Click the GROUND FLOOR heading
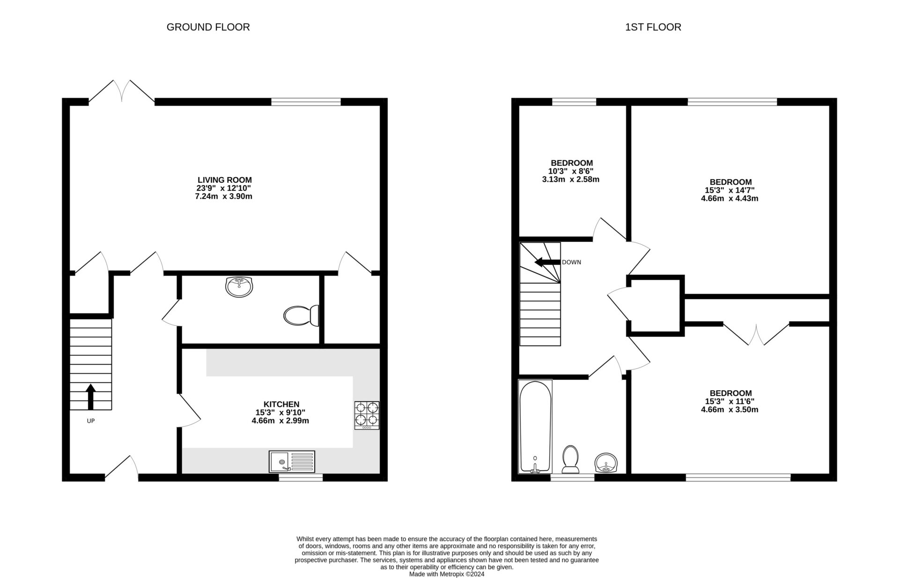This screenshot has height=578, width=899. coord(208,27)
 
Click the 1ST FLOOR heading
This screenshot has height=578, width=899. coord(653,27)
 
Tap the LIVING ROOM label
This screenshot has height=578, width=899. coord(224,180)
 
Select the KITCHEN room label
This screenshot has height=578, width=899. coord(281,405)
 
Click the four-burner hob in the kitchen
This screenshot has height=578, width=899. coord(367,415)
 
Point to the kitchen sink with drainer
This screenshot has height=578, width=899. coord(292,461)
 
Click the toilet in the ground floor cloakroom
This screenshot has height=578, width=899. coord(301,315)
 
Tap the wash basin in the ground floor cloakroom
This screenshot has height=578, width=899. coord(239,286)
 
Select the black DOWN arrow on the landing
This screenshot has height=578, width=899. coord(547,262)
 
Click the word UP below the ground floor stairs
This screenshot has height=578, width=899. coord(91,421)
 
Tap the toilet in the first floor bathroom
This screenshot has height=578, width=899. coord(570,459)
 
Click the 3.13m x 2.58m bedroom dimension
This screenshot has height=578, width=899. coord(570,180)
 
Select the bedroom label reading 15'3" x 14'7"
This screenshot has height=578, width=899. coord(730,190)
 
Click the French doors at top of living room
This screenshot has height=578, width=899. coord(122,91)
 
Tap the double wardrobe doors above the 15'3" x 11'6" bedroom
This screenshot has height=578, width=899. coord(756,334)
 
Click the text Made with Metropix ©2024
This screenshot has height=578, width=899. coord(446,574)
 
